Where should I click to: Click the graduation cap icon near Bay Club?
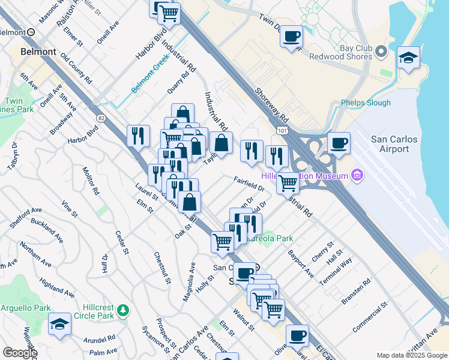click(x=408, y=58)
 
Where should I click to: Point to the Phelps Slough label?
click(x=366, y=103)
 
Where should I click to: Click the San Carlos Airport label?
click(x=394, y=144)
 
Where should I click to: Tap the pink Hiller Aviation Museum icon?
click(x=357, y=175)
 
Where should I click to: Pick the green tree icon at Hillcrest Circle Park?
click(x=123, y=310)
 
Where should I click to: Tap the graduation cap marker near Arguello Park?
click(x=59, y=325)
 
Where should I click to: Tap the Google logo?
click(x=20, y=353)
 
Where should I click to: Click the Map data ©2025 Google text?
click(x=411, y=355)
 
